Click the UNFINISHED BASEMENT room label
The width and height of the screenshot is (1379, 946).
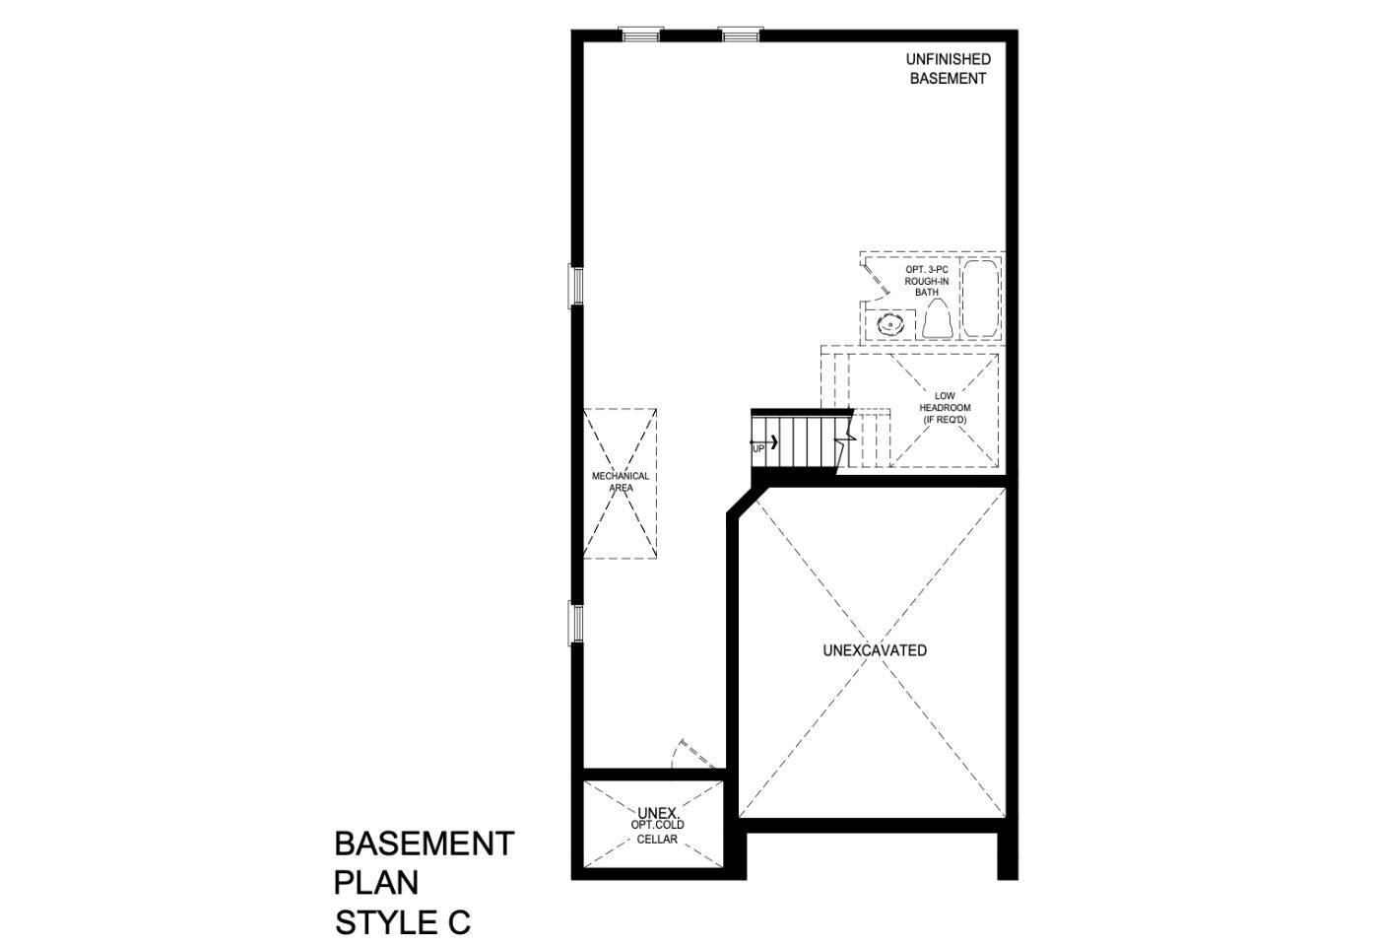coord(948,69)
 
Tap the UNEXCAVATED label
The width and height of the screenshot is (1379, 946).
coord(875,650)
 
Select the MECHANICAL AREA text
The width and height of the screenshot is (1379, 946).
coord(621,482)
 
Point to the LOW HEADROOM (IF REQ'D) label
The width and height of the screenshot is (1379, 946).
coord(945,408)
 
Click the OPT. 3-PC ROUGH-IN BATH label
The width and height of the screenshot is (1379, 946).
coord(927,281)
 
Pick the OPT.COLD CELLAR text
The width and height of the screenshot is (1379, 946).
coord(658,832)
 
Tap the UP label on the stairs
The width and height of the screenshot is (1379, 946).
coord(758,449)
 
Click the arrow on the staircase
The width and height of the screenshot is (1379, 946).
coord(764,441)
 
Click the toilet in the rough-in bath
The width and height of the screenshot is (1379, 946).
coord(938,319)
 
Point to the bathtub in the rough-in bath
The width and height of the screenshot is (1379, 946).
coord(981,299)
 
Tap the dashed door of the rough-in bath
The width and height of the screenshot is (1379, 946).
coord(876,278)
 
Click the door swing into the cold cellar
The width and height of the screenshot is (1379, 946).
coord(693,754)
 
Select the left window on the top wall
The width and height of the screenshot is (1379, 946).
coord(641,34)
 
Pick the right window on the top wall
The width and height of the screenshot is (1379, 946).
coord(741,34)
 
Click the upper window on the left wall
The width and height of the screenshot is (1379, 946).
coord(575,286)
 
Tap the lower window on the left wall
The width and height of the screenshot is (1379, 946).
coord(575,625)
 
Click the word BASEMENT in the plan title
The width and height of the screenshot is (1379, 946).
coord(425,844)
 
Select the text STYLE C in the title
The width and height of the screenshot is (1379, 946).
coord(403,922)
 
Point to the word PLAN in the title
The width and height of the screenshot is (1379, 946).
coord(376,883)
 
